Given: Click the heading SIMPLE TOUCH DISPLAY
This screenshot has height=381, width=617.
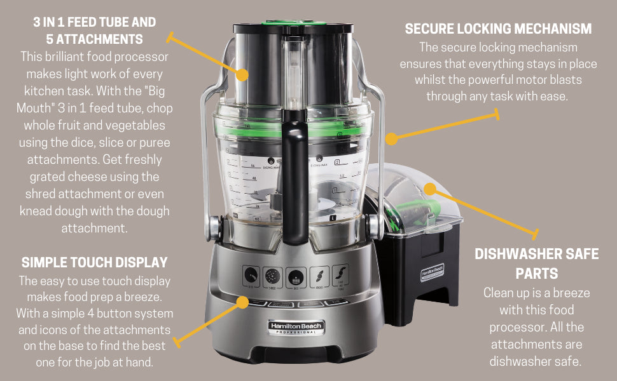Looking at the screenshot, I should click(x=94, y=263).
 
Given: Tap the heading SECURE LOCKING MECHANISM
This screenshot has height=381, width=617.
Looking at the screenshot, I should click(x=498, y=29).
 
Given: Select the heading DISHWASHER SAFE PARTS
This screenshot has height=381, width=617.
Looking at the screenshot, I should click(x=537, y=264).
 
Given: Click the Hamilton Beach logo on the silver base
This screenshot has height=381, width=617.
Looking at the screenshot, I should click(x=295, y=328).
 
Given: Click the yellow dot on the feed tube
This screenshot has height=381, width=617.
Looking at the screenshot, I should click(x=242, y=74).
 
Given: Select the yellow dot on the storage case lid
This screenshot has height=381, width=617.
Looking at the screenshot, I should click(x=430, y=189).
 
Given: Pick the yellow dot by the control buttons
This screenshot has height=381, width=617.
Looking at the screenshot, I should click(x=242, y=302).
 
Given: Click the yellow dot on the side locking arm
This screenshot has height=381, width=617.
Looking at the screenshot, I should click(x=392, y=137).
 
